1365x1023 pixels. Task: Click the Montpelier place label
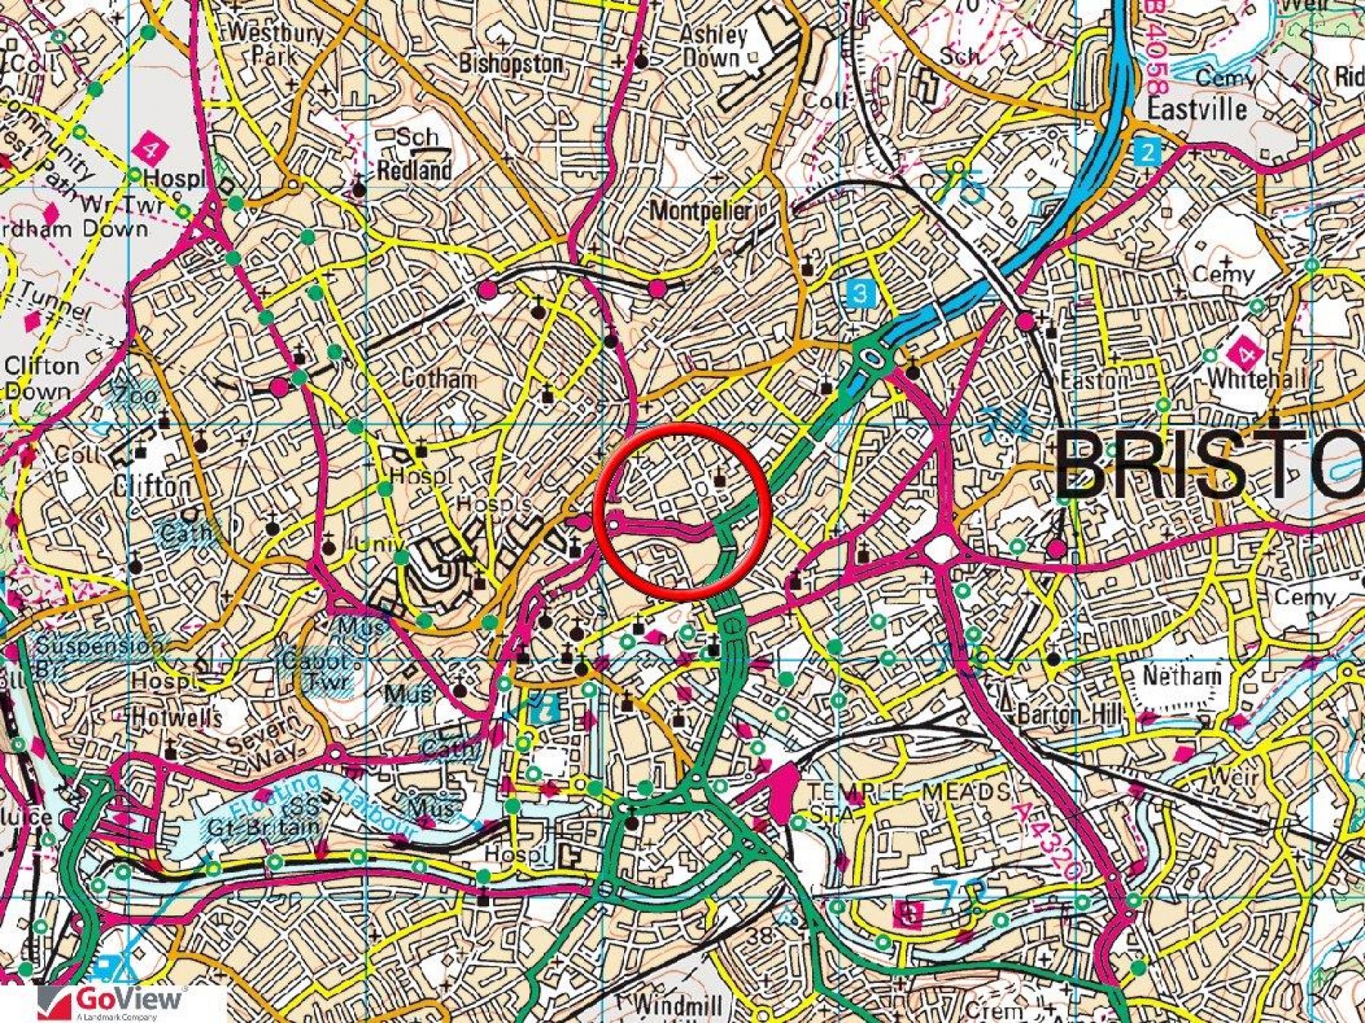[x=701, y=211]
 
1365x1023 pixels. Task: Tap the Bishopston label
[x=511, y=64]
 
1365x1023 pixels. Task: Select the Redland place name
[x=414, y=170]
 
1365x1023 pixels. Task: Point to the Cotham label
[x=439, y=378]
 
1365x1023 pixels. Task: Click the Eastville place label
[x=1197, y=109]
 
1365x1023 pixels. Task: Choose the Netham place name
[x=1182, y=676]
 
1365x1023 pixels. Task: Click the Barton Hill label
[x=1070, y=715]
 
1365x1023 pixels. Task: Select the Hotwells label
[x=176, y=717]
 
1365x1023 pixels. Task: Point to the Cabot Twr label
[x=314, y=671]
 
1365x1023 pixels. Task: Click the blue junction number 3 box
[x=859, y=293]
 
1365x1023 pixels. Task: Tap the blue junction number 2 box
[x=1148, y=152]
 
